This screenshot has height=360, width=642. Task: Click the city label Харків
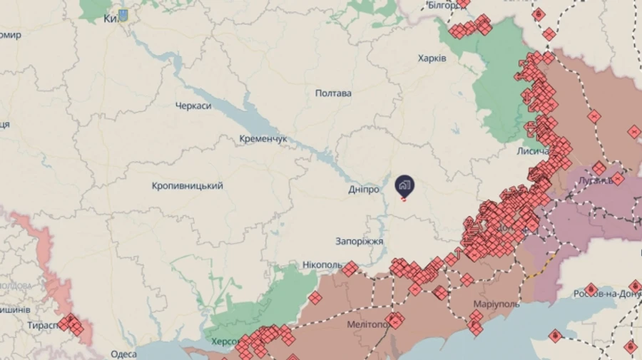[432, 58]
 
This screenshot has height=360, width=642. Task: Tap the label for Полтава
[333, 93]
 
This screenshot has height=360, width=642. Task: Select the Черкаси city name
[193, 106]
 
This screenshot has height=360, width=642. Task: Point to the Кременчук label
[263, 138]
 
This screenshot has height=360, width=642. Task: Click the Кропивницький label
[187, 185]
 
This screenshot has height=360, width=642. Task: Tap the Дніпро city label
[363, 189]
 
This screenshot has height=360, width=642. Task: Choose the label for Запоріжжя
[360, 242]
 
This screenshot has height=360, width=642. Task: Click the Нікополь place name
[322, 265]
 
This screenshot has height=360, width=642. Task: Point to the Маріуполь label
[496, 304]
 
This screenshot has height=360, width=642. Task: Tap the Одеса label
[123, 354]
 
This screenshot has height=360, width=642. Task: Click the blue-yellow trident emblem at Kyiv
[123, 14]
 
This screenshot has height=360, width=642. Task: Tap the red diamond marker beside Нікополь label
[350, 267]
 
